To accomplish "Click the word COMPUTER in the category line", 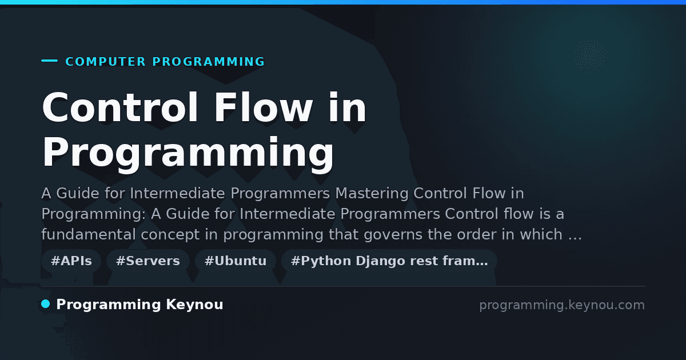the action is (105, 62).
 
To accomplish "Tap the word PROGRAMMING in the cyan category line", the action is (208, 62).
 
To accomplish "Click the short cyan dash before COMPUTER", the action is (49, 61).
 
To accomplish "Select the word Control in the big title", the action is (120, 107).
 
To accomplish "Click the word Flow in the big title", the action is (263, 107).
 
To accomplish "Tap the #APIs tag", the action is (71, 261).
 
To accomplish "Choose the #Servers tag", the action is (148, 261).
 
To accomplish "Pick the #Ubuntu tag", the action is (236, 261).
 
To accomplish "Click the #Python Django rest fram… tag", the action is (389, 261).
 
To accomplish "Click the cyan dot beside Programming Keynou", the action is (46, 304).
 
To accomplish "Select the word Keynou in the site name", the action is (194, 305).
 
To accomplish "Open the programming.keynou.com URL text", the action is (562, 305).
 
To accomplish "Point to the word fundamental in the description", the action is (89, 234).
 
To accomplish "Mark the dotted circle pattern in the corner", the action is (591, 57).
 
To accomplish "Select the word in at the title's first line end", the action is (347, 107).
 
